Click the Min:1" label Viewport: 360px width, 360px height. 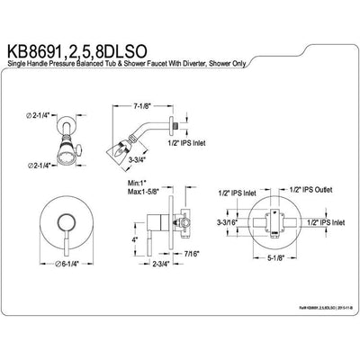tap(136, 184)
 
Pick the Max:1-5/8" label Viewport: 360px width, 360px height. tap(145, 193)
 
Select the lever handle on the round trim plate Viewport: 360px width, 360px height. tap(59, 234)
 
